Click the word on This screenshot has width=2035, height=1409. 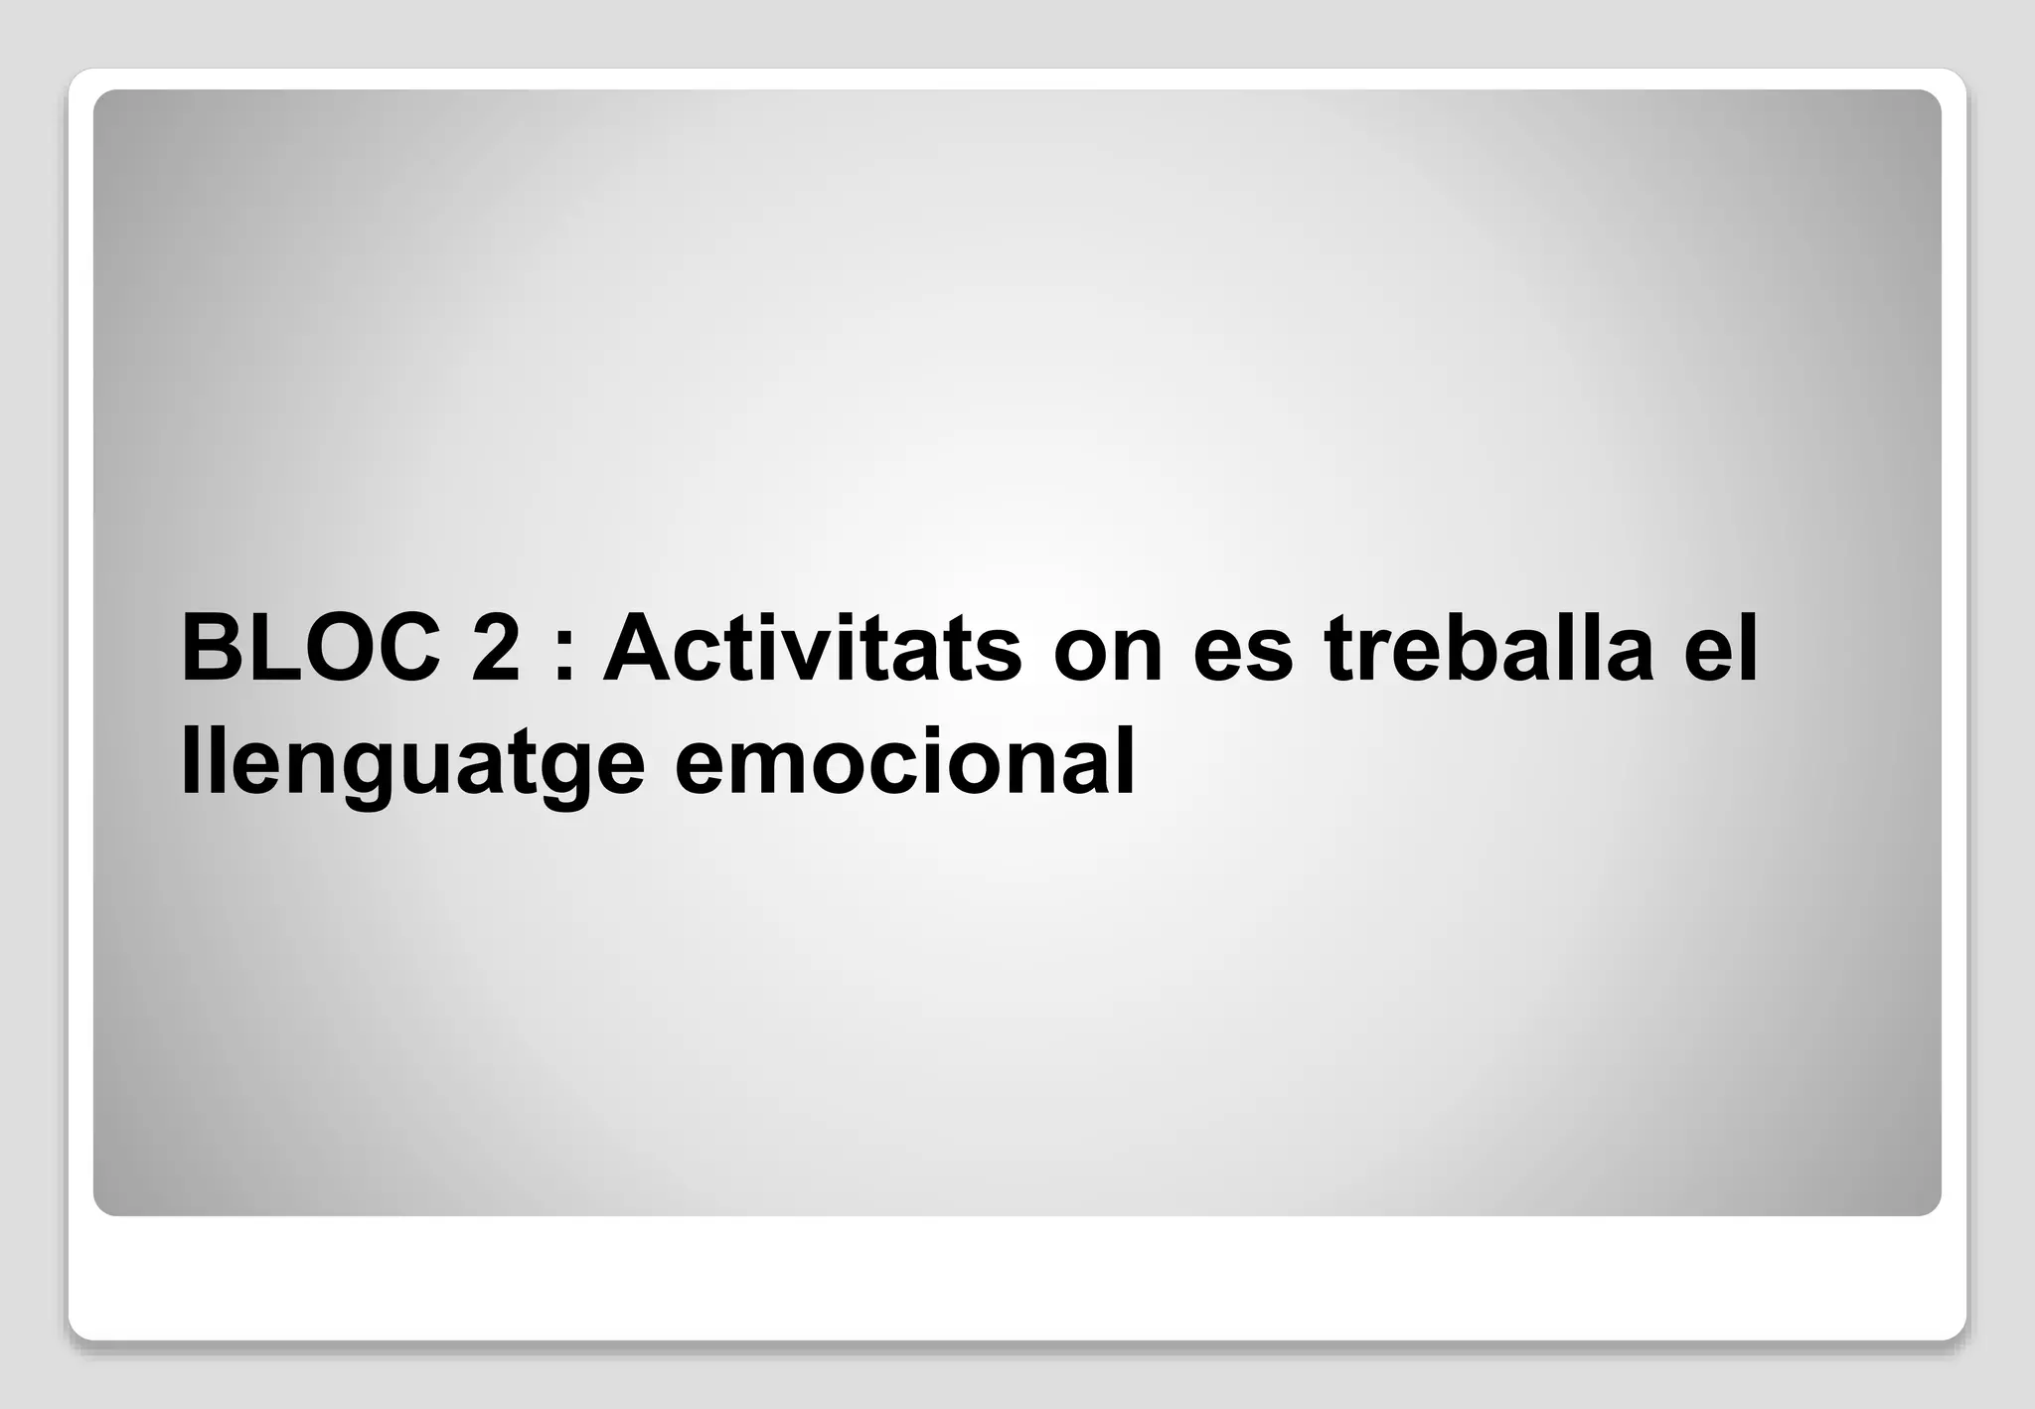(x=1108, y=656)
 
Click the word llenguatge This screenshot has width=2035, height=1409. (x=412, y=765)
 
